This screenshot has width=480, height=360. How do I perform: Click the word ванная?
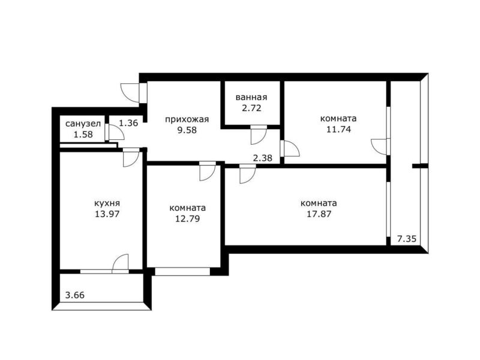[251, 97]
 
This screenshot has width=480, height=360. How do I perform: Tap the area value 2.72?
[251, 108]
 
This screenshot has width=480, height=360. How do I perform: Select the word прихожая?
[187, 119]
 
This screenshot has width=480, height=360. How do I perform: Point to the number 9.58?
[187, 130]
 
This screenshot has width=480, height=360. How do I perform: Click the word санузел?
[83, 124]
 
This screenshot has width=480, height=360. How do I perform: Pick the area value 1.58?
[83, 134]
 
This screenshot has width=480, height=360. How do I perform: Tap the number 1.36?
[128, 123]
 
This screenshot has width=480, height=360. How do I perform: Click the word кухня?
[107, 203]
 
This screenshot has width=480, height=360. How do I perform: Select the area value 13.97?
[107, 214]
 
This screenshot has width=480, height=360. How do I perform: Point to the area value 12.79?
[187, 219]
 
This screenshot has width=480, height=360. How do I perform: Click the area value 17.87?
[319, 214]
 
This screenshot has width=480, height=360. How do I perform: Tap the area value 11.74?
[338, 129]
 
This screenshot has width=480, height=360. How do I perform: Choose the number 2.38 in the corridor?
[263, 158]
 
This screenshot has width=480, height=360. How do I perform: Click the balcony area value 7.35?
[407, 238]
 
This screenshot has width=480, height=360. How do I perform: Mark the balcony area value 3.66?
[75, 295]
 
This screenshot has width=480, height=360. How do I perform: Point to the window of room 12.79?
[182, 271]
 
